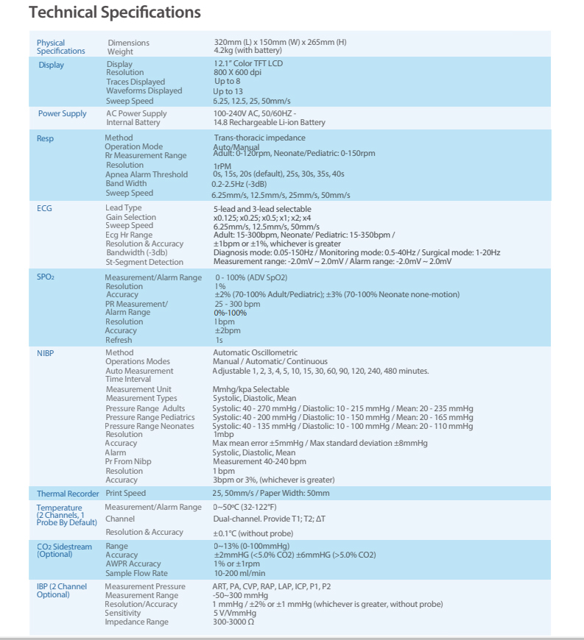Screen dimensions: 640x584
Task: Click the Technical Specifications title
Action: tap(114, 13)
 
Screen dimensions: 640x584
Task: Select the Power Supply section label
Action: tap(62, 113)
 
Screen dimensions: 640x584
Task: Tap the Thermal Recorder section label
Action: tap(68, 494)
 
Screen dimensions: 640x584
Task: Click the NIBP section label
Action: tap(46, 353)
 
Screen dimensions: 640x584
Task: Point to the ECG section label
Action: tap(44, 208)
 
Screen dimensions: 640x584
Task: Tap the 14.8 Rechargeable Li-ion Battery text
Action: tap(269, 122)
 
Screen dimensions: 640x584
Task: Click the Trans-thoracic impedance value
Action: tap(259, 138)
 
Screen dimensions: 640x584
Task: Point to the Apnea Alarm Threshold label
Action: tap(147, 174)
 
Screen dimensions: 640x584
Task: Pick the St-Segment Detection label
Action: tap(144, 262)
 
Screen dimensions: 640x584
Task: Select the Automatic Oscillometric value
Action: tap(255, 353)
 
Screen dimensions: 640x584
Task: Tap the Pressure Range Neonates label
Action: tap(149, 426)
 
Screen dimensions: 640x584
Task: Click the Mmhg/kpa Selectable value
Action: tap(250, 389)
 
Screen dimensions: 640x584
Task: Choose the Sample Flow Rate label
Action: tap(136, 573)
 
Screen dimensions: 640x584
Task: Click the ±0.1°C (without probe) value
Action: tap(253, 533)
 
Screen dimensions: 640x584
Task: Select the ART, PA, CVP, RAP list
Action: tap(272, 586)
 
